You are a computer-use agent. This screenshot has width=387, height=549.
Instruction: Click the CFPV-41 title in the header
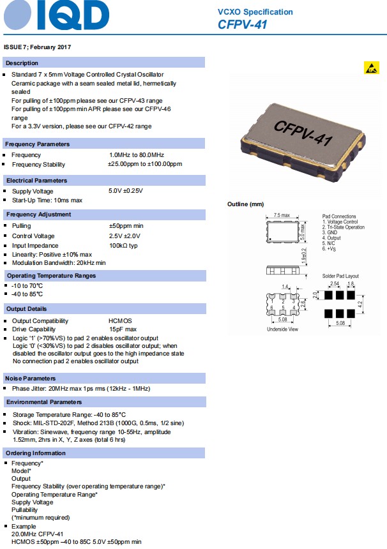pyautogui.click(x=242, y=25)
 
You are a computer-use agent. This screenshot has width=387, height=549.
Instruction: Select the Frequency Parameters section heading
pyautogui.click(x=38, y=144)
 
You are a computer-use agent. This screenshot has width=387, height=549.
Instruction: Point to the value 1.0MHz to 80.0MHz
pyautogui.click(x=136, y=155)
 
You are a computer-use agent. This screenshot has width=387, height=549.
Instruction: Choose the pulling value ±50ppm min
pyautogui.click(x=126, y=226)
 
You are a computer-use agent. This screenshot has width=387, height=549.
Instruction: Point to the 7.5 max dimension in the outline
pyautogui.click(x=282, y=215)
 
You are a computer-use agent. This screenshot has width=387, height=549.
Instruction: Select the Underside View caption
pyautogui.click(x=282, y=329)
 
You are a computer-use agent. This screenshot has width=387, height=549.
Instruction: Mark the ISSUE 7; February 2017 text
pyautogui.click(x=37, y=47)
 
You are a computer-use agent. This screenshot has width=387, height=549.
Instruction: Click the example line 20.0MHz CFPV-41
pyautogui.click(x=37, y=534)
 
